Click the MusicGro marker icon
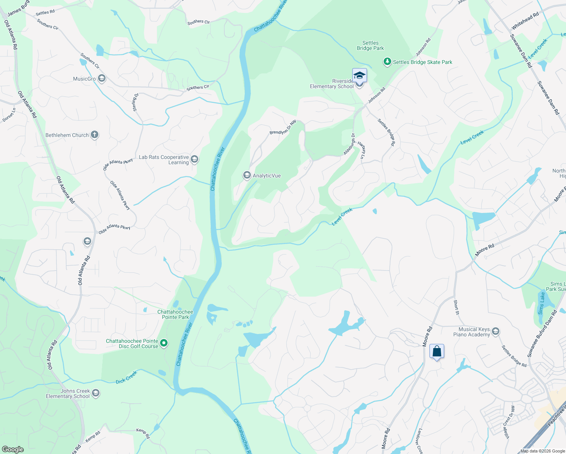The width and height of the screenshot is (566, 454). [x=101, y=78]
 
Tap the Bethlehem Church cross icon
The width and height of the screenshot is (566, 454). [x=95, y=135]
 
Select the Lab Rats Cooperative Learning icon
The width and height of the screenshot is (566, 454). [x=194, y=159]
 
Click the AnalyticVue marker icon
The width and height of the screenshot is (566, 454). [x=247, y=175]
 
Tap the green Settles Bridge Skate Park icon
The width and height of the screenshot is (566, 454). [x=387, y=62]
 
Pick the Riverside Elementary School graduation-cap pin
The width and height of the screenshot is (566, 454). [x=359, y=75]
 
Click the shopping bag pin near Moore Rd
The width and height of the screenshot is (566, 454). [x=437, y=351]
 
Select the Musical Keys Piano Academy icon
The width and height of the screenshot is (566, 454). [x=496, y=332]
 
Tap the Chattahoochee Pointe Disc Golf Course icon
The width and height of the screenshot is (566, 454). [x=164, y=343]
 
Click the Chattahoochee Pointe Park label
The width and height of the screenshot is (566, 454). [x=175, y=314]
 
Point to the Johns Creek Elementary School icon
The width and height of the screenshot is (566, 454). [x=96, y=393]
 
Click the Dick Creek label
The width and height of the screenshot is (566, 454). [x=126, y=377]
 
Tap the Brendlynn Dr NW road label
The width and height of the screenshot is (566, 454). [x=283, y=127]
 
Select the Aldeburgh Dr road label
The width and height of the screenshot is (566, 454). [x=349, y=144]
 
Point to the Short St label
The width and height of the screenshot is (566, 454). [x=456, y=307]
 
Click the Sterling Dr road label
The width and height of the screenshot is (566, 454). [x=135, y=102]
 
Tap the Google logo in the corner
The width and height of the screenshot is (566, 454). [x=12, y=449]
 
